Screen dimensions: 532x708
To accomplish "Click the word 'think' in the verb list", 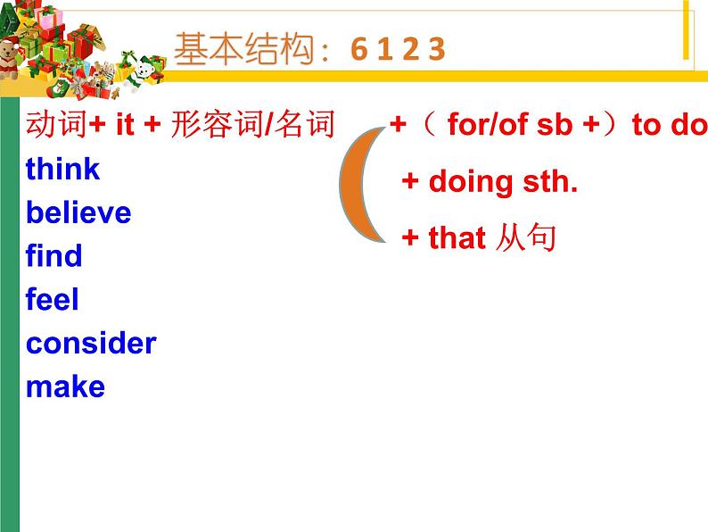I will pyautogui.click(x=62, y=169).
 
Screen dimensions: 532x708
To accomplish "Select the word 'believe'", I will pyautogui.click(x=78, y=212).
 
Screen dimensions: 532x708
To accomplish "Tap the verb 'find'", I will pyautogui.click(x=54, y=256).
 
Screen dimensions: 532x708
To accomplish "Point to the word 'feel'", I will pyautogui.click(x=53, y=300).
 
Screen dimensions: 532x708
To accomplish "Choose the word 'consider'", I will pyautogui.click(x=91, y=343).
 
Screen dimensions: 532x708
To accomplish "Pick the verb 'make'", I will pyautogui.click(x=65, y=387).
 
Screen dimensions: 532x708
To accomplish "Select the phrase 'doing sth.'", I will pyautogui.click(x=503, y=182).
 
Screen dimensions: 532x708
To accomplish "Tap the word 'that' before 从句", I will pyautogui.click(x=457, y=238).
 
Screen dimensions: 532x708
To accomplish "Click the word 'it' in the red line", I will pyautogui.click(x=125, y=125).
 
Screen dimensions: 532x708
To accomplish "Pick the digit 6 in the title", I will pyautogui.click(x=358, y=50).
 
